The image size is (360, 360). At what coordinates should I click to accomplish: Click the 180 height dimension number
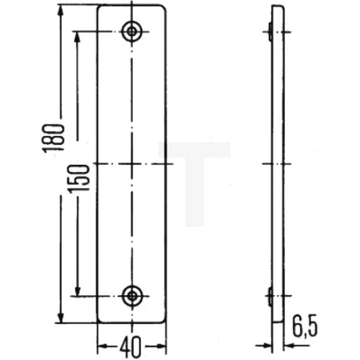click(54, 137)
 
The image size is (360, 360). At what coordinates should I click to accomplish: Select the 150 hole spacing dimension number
click(81, 178)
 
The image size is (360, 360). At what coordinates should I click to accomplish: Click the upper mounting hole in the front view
click(132, 31)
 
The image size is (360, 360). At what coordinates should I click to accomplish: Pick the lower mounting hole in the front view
click(132, 295)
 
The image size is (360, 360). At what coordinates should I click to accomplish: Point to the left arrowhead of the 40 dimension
click(102, 347)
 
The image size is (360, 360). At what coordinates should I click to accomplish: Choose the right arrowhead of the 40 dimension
click(161, 347)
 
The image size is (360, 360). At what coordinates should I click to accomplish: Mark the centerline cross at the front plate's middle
click(132, 163)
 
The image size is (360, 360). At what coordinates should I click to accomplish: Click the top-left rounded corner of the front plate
click(100, 8)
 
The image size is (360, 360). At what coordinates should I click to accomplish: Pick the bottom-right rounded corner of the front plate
click(163, 320)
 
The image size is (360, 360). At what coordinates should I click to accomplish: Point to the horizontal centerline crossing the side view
click(277, 164)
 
